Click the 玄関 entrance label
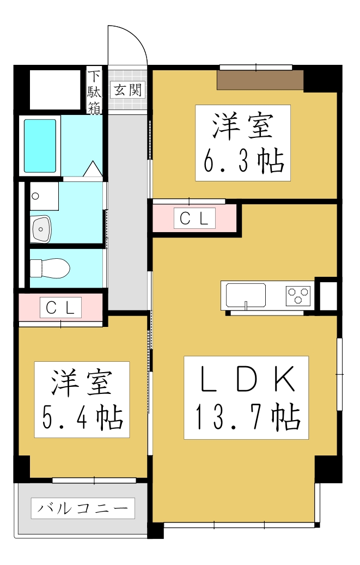[127, 90]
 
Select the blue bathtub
[40, 145]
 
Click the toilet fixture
[50, 268]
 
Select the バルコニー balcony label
[83, 509]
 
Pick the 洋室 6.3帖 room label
[243, 143]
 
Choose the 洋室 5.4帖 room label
[82, 399]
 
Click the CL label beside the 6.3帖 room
[194, 218]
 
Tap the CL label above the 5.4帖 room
[60, 307]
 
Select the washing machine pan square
[44, 196]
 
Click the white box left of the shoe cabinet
[53, 90]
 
